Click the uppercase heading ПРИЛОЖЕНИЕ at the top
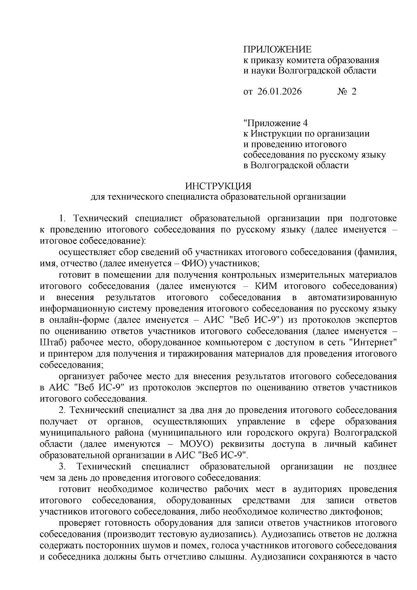[x=277, y=49]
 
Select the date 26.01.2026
[x=280, y=91]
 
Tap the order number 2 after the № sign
[x=354, y=91]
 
